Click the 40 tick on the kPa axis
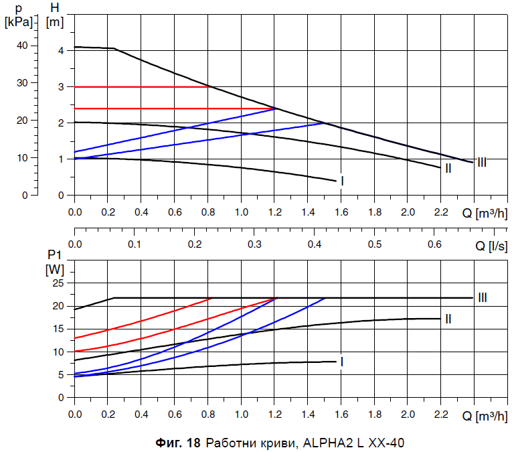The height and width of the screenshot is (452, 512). [23, 46]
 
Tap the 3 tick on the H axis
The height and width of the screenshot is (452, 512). [60, 87]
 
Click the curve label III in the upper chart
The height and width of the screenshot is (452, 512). [482, 162]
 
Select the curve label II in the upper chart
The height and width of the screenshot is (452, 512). [448, 168]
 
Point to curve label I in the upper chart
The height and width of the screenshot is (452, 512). [342, 181]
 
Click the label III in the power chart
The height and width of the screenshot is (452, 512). [482, 298]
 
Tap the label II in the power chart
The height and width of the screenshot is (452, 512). [448, 319]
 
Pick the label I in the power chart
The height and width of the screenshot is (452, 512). [342, 362]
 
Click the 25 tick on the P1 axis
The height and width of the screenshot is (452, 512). [58, 283]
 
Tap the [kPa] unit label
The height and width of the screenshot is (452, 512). [18, 21]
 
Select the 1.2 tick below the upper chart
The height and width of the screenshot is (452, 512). [274, 212]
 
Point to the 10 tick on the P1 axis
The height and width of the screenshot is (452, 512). [58, 352]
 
